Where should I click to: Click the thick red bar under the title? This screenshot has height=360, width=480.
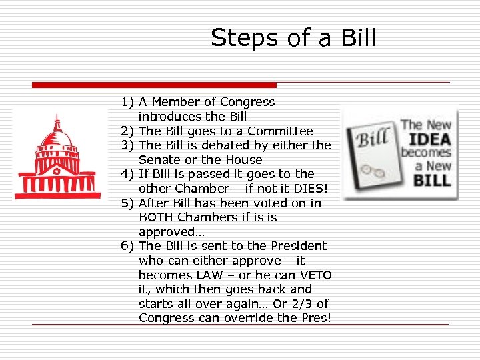point(154,85)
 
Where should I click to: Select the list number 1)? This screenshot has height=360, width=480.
point(128,102)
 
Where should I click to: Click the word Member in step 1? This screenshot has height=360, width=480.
point(176,102)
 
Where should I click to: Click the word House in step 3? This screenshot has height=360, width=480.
point(245,160)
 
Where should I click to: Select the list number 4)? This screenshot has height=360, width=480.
point(128,174)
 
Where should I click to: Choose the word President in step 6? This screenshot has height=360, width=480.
point(296,246)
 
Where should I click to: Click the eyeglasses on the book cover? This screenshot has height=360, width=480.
point(379,171)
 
